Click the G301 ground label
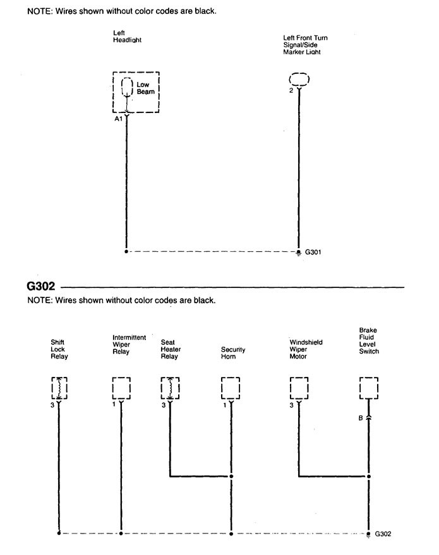[313, 252]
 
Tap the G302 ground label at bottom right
[383, 534]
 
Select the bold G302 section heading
[41, 286]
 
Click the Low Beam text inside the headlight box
[145, 88]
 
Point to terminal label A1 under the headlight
[118, 119]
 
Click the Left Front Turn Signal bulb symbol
[299, 79]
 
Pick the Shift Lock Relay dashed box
[59, 388]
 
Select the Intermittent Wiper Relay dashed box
[121, 388]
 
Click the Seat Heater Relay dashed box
[170, 388]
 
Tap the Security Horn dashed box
[231, 388]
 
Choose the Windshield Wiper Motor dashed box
[299, 388]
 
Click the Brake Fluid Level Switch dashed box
[369, 388]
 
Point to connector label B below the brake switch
[361, 418]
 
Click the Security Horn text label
[233, 353]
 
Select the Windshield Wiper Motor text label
[306, 349]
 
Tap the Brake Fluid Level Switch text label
[369, 340]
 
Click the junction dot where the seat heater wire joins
[231, 476]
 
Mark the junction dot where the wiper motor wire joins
[368, 476]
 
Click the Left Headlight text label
[127, 37]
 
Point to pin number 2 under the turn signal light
[291, 91]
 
